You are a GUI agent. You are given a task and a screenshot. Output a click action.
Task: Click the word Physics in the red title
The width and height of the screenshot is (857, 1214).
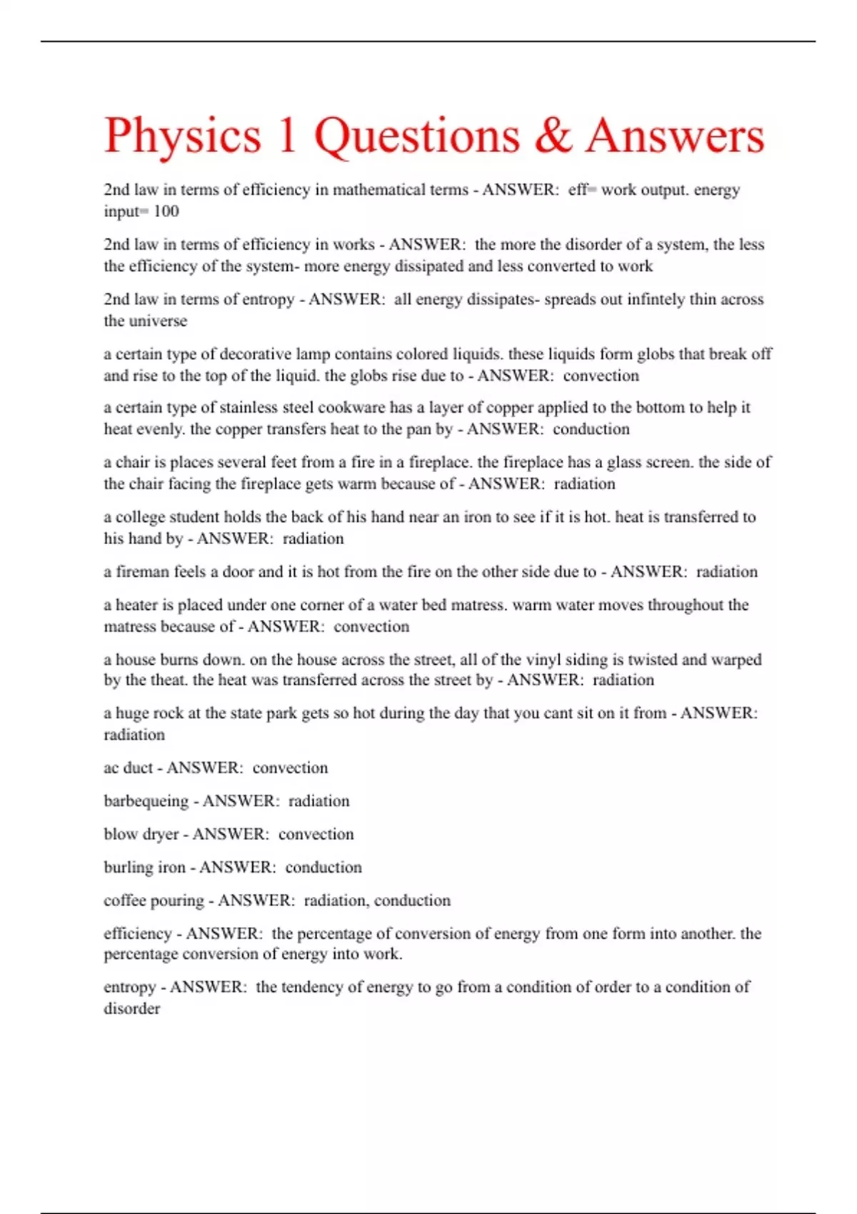[x=183, y=136]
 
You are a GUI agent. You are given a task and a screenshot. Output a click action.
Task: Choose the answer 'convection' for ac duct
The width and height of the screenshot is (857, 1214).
[x=290, y=768]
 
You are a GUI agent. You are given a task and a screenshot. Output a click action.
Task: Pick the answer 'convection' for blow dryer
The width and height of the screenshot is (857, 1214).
[x=316, y=834]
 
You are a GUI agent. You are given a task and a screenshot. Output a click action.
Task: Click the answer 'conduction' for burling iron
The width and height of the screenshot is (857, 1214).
[x=324, y=868]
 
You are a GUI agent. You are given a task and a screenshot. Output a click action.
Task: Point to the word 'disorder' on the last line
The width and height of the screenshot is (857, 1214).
[x=131, y=1009]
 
